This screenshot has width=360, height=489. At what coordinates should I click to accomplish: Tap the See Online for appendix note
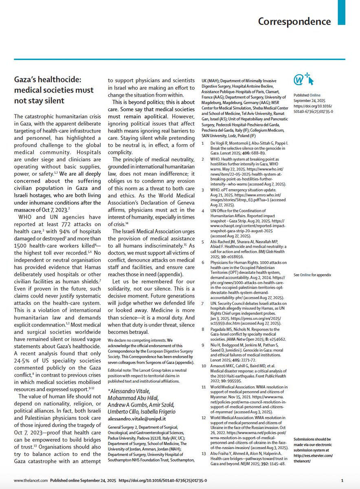click(312, 275)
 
